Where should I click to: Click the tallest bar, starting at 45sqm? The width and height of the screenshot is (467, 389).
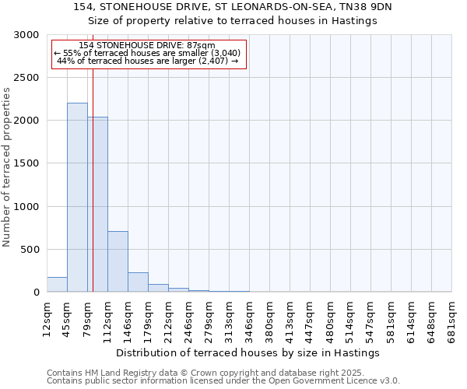[x=77, y=198]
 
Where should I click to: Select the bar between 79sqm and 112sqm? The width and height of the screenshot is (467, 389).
[x=97, y=205]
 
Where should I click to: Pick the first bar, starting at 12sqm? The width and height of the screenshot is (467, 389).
[x=57, y=285]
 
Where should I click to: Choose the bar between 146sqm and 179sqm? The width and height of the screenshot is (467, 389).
[x=138, y=282]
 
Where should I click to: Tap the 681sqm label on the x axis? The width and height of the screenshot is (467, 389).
[x=451, y=319]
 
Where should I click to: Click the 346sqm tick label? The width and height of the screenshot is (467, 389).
[x=249, y=319]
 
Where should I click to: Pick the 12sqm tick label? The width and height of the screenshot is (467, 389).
[x=47, y=319]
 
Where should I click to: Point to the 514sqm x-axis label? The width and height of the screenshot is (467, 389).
[x=350, y=319]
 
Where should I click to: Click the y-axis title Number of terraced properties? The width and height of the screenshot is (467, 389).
[x=7, y=167]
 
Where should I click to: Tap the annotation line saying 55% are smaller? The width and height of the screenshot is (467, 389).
[x=148, y=53]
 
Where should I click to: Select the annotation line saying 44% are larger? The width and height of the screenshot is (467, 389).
[x=148, y=61]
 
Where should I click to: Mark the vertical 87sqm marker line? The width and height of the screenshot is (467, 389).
[x=93, y=179]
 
